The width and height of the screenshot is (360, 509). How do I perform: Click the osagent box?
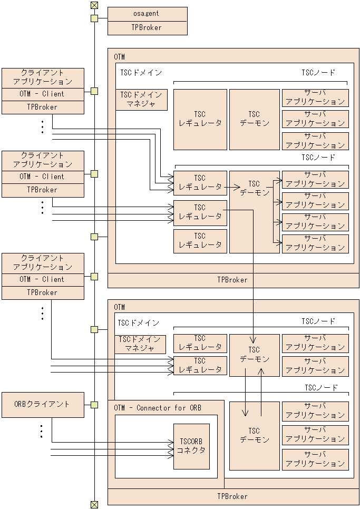point(147,14)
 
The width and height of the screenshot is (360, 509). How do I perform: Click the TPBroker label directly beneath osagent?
point(147,28)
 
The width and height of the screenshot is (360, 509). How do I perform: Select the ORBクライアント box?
point(43,404)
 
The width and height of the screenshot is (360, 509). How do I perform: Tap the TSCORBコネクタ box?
point(191,446)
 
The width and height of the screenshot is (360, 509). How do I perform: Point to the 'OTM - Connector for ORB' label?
point(158,408)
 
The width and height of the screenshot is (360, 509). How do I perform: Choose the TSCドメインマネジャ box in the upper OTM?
point(141,100)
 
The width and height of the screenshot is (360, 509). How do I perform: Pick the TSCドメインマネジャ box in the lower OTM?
point(140,344)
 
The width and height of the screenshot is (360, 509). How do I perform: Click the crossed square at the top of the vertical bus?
point(94,5)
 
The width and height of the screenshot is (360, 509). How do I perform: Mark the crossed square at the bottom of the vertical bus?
point(94,504)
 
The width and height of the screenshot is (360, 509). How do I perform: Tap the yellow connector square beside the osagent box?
point(94,19)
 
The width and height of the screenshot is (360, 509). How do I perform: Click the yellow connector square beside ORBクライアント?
point(94,405)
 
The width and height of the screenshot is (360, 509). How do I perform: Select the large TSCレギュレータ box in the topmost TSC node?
point(200,119)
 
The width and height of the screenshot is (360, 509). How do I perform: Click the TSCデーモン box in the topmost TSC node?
point(254,119)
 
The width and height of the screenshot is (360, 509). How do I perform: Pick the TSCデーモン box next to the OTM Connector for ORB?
point(254,436)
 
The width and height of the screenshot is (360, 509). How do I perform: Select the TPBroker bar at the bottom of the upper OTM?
point(232,280)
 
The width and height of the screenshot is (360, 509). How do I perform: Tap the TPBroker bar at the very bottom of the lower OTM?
point(232,496)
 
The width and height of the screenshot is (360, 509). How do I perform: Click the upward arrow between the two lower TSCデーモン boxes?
point(261,389)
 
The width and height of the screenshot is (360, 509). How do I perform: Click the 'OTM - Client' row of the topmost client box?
point(43,94)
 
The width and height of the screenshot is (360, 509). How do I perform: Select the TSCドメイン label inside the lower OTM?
point(138,323)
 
